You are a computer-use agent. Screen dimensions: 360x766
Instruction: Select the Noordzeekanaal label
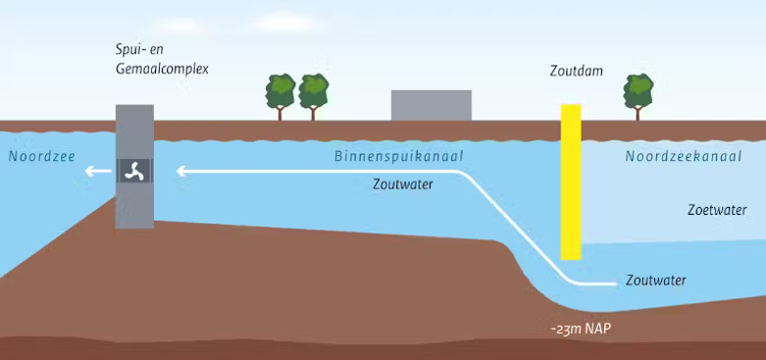pyautogui.click(x=683, y=156)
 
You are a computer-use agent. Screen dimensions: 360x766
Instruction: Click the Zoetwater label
pyautogui.click(x=717, y=210)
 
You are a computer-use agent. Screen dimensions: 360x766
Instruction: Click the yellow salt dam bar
pyautogui.click(x=571, y=181)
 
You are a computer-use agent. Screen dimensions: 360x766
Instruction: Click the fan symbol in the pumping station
pyautogui.click(x=134, y=171)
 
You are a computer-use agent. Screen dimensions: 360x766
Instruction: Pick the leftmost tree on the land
pyautogui.click(x=281, y=95)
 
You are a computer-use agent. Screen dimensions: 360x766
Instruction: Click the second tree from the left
pyautogui.click(x=314, y=95)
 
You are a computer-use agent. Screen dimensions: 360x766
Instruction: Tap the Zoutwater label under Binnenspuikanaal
pyautogui.click(x=403, y=183)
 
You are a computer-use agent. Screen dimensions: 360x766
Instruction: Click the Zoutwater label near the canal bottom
pyautogui.click(x=655, y=281)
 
